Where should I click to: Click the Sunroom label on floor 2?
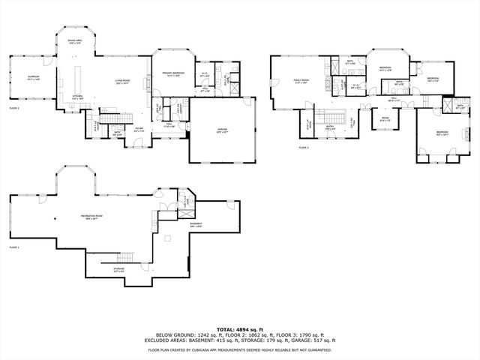(33, 77)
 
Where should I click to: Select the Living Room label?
(123, 81)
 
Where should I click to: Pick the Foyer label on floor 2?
(139, 128)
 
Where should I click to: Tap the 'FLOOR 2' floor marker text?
(14, 109)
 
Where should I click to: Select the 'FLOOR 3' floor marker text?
(304, 148)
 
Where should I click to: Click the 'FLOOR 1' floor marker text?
(14, 247)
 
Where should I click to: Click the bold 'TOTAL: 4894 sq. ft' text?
(240, 329)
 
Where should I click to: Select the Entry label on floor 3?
(330, 127)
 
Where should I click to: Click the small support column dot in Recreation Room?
(54, 218)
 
